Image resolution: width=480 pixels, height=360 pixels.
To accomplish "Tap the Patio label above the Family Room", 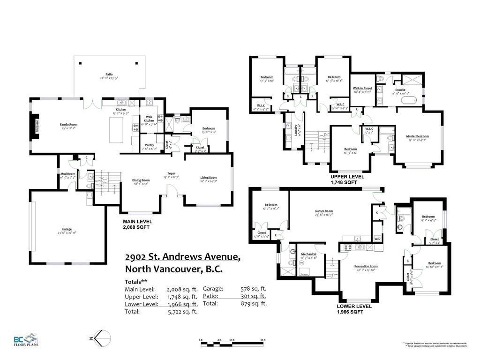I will [x=109, y=74].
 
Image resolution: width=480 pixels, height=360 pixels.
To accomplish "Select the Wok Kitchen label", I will [x=149, y=118].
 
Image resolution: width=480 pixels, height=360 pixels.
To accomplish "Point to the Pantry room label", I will [x=150, y=145].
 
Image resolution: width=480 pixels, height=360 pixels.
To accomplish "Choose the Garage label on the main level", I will [x=67, y=229].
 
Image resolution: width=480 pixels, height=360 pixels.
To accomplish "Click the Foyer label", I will [x=172, y=173].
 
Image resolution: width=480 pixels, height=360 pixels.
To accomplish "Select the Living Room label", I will [x=209, y=177].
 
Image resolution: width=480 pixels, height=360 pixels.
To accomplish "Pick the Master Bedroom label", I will [x=417, y=136].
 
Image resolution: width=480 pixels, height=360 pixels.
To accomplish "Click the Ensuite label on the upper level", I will [x=400, y=90].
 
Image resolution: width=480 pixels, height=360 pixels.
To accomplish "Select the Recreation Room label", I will [x=366, y=266].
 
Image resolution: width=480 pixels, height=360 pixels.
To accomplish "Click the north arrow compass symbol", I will [x=101, y=337].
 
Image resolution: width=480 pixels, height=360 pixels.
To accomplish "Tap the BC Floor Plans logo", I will [x=26, y=339].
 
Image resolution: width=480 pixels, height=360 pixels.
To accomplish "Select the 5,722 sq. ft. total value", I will [x=182, y=311].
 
